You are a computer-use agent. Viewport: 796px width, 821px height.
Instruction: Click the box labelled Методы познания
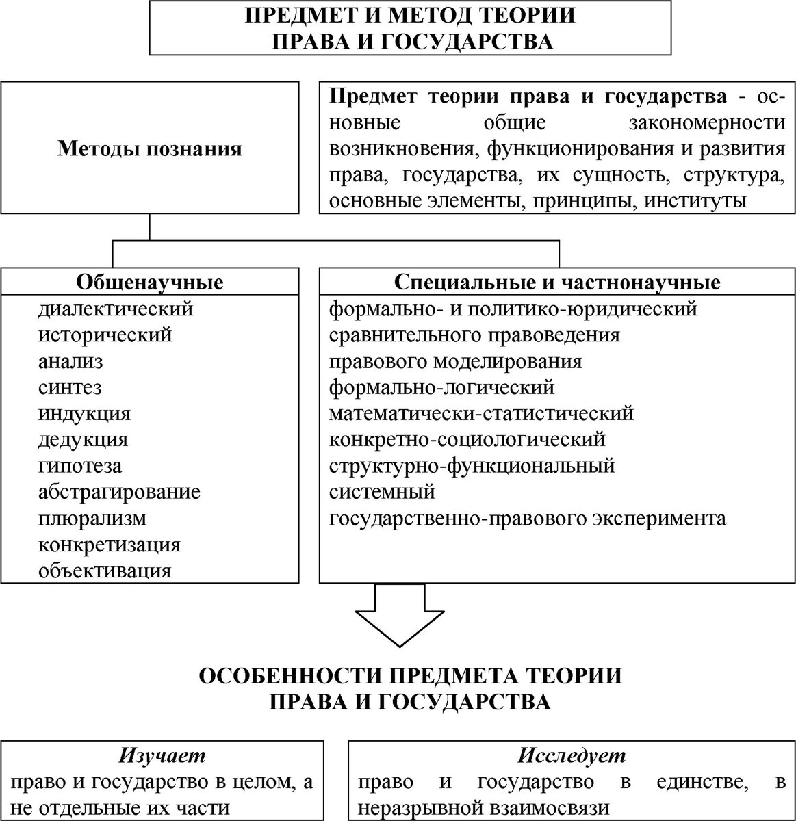pos(149,148)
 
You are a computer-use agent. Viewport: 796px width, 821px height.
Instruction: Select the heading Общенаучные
pos(150,282)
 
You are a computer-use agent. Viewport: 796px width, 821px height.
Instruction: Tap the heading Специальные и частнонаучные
pos(557,282)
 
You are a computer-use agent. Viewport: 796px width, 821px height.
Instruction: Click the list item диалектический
pos(116,309)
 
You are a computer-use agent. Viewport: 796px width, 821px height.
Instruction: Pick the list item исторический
pos(105,335)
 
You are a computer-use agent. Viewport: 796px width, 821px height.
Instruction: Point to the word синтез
pos(70,387)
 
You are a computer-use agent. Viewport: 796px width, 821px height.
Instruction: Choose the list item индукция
pos(84,414)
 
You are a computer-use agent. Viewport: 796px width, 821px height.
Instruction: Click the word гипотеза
pos(80,466)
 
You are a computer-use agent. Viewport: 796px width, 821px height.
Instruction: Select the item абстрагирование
pos(120,492)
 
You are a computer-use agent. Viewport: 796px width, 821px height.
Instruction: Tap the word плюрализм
pos(92,519)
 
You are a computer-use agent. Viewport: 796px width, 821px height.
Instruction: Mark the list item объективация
pos(105,571)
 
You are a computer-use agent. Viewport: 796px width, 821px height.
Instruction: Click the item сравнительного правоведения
pos(474,335)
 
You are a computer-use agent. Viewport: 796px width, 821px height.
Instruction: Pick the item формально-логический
pos(441,387)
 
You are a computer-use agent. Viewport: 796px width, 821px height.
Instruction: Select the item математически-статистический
pos(481,414)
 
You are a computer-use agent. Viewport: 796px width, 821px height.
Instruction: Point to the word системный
pos(382,492)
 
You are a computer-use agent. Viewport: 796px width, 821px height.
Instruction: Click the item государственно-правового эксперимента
pos(527,519)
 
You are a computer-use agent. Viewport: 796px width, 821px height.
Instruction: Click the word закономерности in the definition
pos(706,122)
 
